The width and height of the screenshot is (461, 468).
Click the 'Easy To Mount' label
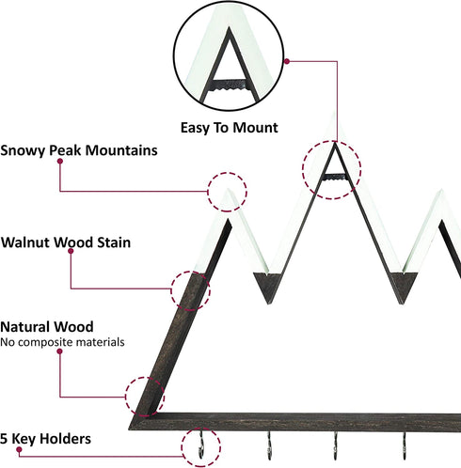pos(230,128)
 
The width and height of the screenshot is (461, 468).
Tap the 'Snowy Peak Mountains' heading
pos(79,150)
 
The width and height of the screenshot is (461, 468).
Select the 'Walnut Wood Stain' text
pos(66,242)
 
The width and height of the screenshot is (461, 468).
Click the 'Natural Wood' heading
pos(47,327)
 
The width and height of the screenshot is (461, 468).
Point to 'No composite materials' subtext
pos(62,342)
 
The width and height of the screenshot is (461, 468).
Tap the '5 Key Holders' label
pos(46,439)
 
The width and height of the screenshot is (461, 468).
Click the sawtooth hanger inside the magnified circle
pos(230,85)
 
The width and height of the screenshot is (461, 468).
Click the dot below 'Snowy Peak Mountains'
pos(60,161)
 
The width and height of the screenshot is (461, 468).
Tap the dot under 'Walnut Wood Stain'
pos(71,251)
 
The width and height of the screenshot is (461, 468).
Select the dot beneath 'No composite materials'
pos(59,351)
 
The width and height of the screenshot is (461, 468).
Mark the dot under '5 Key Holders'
pos(19,450)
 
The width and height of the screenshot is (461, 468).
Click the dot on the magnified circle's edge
pos(287,61)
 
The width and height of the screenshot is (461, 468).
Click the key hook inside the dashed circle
pos(201,445)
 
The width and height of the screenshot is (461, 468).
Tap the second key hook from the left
pos(269,445)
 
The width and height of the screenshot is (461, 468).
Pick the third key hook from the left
pos(336,445)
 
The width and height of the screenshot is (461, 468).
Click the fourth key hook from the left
pos(405,445)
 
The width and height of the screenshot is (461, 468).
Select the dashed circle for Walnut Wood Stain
pos(171,290)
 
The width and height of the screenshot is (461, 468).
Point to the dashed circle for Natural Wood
pos(126,397)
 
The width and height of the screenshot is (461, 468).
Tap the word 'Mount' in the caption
pos(255,128)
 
